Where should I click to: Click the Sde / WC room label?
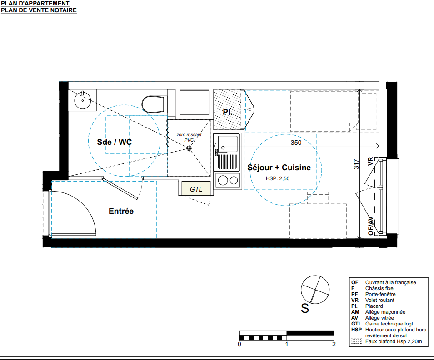115,142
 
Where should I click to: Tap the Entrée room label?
121,211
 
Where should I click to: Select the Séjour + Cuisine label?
279,168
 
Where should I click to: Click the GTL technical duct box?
196,188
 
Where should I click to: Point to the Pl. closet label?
228,112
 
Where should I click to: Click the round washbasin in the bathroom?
82,100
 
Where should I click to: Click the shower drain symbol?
189,148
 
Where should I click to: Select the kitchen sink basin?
228,143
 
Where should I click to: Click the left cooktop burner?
223,181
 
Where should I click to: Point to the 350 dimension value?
296,143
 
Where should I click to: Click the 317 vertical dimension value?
356,164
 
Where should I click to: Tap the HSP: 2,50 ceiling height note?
278,178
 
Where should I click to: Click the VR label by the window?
370,162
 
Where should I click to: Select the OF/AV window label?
371,226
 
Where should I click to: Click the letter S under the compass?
305,308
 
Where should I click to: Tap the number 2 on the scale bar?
334,344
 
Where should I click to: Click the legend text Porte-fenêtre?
380,294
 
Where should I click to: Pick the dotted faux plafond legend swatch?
356,341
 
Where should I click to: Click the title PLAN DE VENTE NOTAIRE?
39,10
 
